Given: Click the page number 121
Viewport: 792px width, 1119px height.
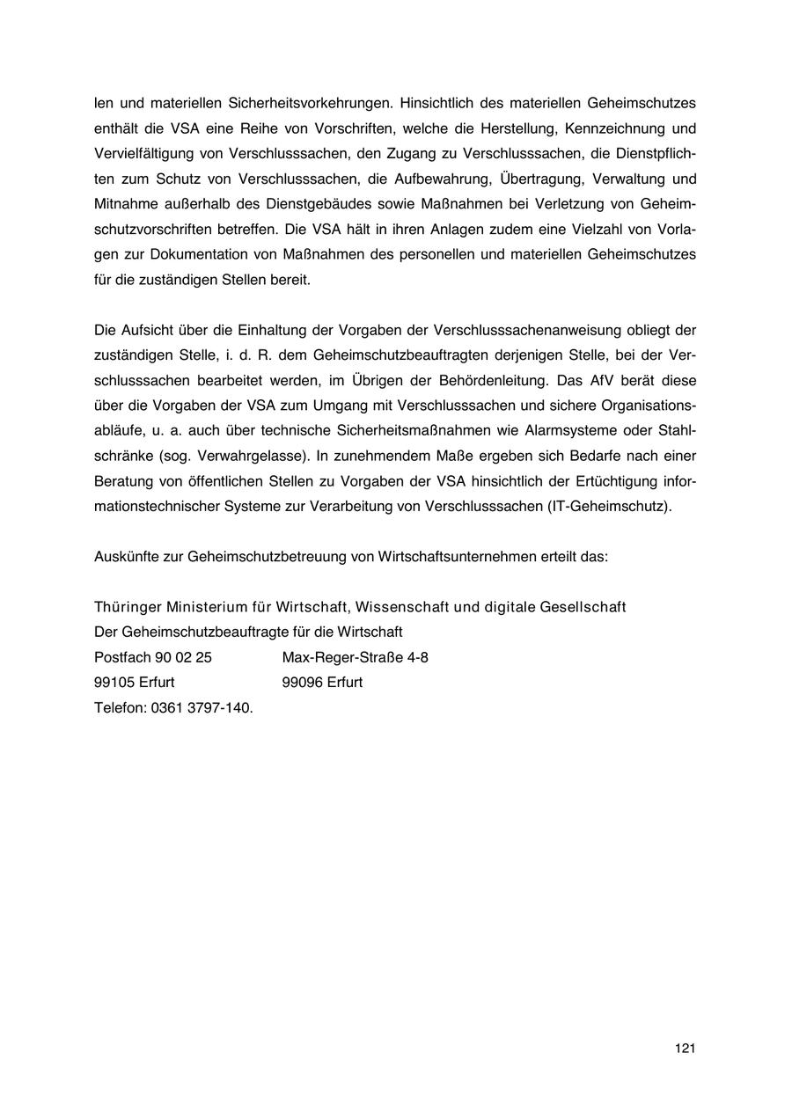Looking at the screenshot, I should point(686,1048).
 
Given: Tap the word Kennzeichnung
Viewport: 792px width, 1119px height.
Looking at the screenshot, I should point(620,128).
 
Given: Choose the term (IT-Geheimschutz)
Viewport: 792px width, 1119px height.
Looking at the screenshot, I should point(609,507).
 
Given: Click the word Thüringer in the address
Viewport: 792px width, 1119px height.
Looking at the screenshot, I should point(128,608).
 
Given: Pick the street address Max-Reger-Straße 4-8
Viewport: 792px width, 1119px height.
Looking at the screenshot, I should point(356,657).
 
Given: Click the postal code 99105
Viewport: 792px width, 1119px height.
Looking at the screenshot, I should point(114,683).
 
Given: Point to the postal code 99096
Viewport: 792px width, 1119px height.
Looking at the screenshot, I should point(303,683).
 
